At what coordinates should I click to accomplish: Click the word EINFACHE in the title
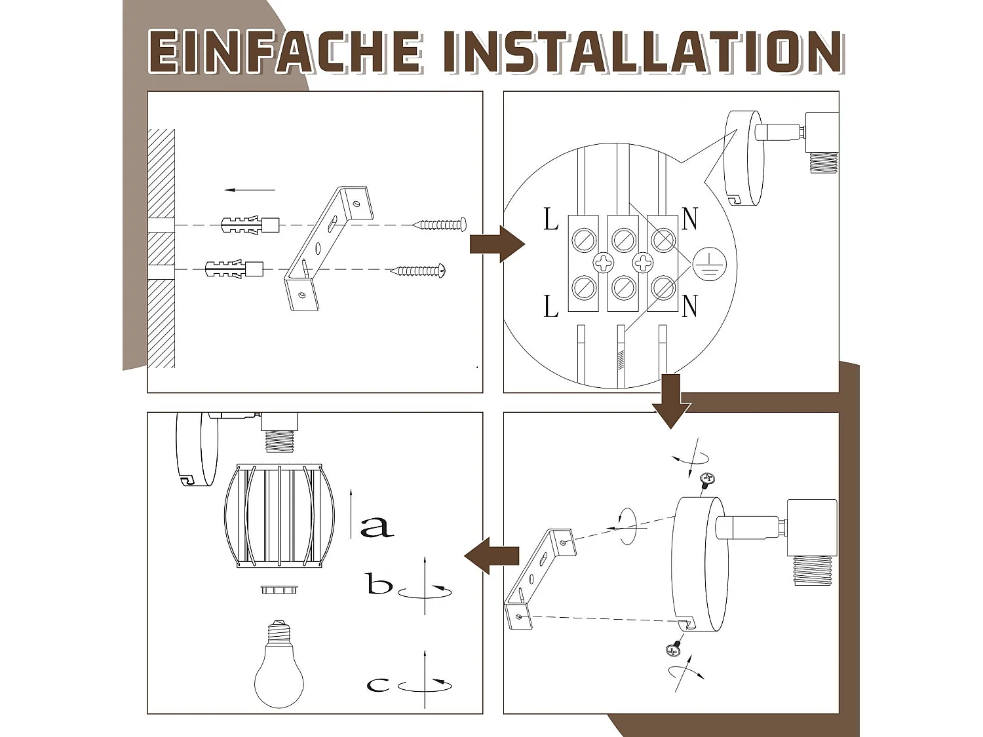(x=285, y=51)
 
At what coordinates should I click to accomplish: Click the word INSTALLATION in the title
(x=642, y=51)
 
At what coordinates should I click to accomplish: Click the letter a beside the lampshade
(x=377, y=525)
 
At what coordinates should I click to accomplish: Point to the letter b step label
(x=379, y=584)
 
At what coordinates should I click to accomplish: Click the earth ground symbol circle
(x=709, y=263)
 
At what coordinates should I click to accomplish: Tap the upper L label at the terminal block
(x=551, y=219)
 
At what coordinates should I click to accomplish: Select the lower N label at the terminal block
(x=689, y=306)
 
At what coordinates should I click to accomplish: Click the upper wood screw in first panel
(x=440, y=225)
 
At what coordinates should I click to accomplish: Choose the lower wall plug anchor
(x=234, y=269)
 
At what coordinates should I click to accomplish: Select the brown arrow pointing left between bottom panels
(x=491, y=556)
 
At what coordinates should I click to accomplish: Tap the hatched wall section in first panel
(x=161, y=249)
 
